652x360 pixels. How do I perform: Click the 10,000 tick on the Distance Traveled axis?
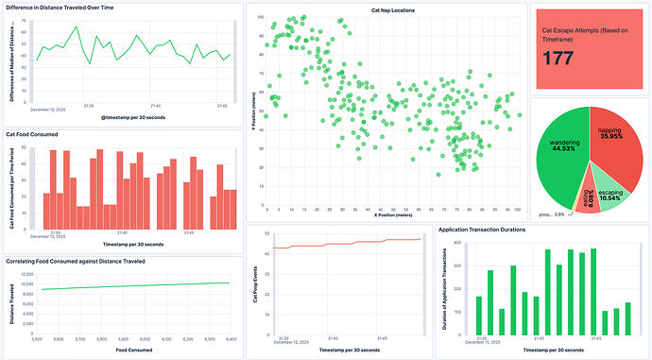pyautogui.click(x=27, y=284)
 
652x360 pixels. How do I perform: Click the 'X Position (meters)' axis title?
pyautogui.click(x=387, y=216)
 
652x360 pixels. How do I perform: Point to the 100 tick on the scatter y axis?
pyautogui.click(x=261, y=17)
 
